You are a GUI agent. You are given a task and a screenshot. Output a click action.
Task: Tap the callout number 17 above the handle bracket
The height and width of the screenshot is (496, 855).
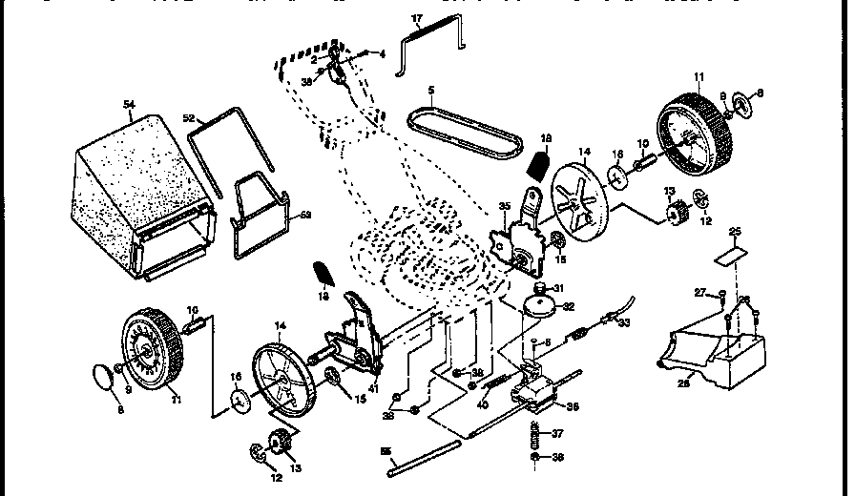416,18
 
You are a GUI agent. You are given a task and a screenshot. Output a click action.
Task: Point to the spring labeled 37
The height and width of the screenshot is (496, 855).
534,434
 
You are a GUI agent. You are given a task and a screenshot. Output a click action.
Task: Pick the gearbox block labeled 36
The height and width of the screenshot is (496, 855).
539,386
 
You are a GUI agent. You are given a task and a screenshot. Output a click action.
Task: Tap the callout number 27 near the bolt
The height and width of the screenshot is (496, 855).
699,292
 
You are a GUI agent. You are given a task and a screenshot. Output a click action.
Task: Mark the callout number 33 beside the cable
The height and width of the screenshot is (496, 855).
651,323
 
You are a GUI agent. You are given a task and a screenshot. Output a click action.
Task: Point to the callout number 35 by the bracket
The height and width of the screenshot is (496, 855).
504,205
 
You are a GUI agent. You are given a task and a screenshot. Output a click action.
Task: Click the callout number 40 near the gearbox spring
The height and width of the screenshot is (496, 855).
483,403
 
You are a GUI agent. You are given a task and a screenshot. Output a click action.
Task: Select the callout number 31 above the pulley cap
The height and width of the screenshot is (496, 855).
559,290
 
